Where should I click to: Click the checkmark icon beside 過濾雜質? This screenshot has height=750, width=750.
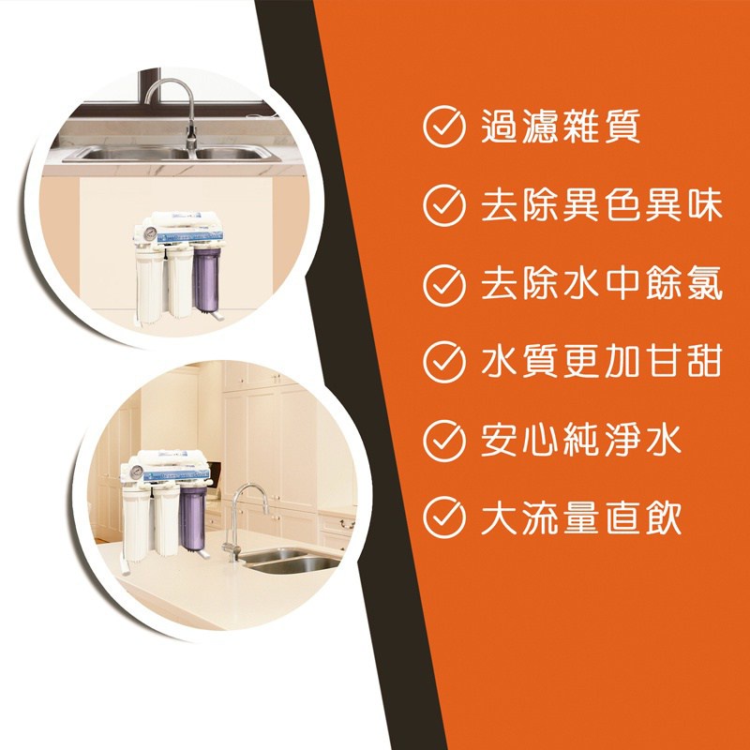point(443,127)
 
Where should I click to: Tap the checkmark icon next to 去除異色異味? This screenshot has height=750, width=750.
point(443,205)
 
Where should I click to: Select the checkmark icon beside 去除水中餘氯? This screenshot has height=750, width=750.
point(443,285)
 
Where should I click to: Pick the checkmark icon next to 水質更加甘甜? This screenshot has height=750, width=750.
point(443,362)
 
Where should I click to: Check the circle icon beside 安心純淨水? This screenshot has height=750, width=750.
point(443,441)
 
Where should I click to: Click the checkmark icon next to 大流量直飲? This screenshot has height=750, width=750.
point(443,517)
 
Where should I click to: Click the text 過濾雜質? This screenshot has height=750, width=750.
point(560,127)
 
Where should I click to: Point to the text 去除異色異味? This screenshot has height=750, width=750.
point(601,205)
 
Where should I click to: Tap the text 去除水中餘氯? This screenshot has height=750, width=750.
point(601,285)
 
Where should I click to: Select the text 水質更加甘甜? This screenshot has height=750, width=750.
point(601,362)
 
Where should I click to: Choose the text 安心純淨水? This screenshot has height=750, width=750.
point(580,441)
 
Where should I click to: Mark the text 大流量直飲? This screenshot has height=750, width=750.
point(580,517)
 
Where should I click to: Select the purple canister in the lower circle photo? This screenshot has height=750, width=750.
point(192,519)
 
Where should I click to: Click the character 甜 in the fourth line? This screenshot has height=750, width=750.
point(703,362)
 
